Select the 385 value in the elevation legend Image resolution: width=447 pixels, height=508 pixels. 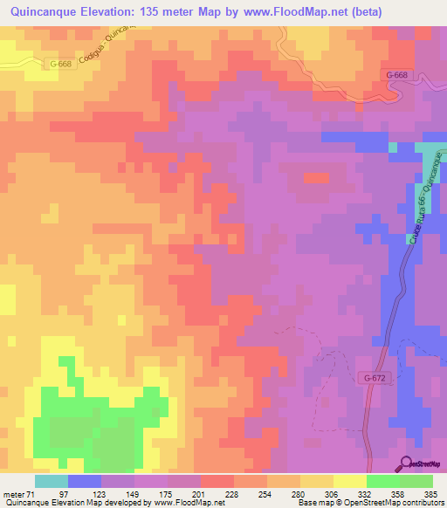[x=432, y=494]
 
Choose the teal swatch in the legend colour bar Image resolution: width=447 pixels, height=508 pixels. [x=52, y=481]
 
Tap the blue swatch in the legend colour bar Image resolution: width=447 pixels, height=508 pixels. [x=85, y=481]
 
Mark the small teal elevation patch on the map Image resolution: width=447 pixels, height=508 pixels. [x=428, y=152]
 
